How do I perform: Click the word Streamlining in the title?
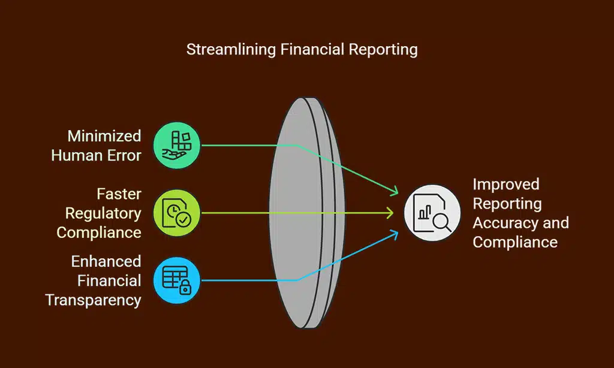pyautogui.click(x=231, y=50)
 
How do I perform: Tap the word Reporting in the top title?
pyautogui.click(x=383, y=50)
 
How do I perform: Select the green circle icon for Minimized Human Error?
pyautogui.click(x=177, y=145)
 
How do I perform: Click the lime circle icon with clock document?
pyautogui.click(x=177, y=213)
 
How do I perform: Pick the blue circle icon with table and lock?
pyautogui.click(x=177, y=280)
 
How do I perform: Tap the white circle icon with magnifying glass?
pyautogui.click(x=432, y=213)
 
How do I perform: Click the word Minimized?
pyautogui.click(x=104, y=136)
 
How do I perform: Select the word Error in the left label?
pyautogui.click(x=124, y=155)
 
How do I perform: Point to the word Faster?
pyautogui.click(x=119, y=194)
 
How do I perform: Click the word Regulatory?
pyautogui.click(x=103, y=213)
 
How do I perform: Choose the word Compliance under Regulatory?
pyautogui.click(x=99, y=233)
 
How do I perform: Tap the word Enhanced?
pyautogui.click(x=106, y=261)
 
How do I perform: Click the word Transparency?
pyautogui.click(x=93, y=300)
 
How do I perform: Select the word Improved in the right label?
pyautogui.click(x=506, y=185)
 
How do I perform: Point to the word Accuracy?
pyautogui.click(x=499, y=223)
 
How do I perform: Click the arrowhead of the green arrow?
pyautogui.click(x=394, y=191)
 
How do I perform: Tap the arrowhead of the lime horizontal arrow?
pyautogui.click(x=390, y=213)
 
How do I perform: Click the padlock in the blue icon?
pyautogui.click(x=185, y=287)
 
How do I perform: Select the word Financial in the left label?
pyautogui.click(x=109, y=280)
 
